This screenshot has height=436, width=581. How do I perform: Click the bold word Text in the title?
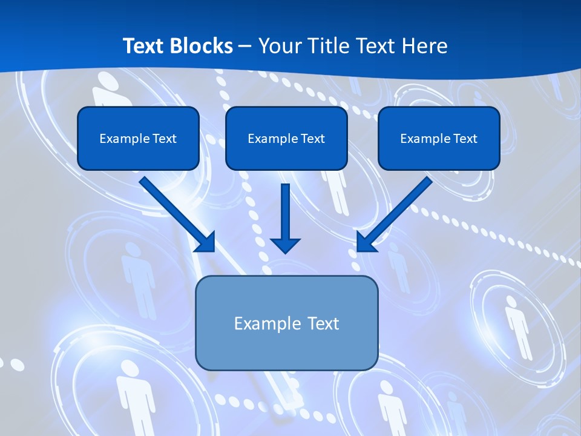click(143, 46)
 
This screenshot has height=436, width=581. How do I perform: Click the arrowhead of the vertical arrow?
click(285, 245)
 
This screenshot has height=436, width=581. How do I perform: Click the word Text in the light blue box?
click(323, 323)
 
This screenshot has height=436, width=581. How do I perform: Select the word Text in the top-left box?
click(165, 139)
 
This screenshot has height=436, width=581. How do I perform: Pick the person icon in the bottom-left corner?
click(136, 394)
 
